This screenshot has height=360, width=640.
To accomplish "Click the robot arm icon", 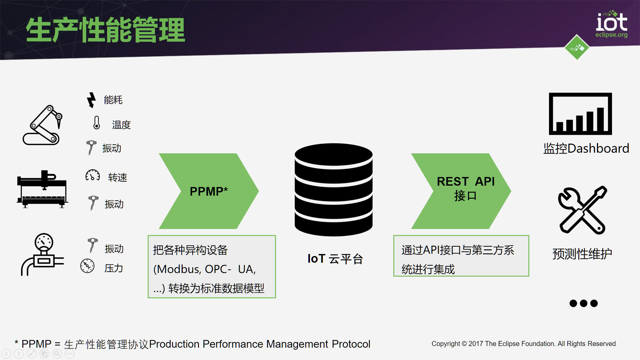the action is click(x=42, y=125).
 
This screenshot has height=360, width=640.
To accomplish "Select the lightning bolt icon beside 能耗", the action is click(x=91, y=100).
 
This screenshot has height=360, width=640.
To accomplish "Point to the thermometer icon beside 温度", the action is click(x=97, y=123).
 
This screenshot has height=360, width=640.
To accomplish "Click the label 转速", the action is click(x=117, y=177).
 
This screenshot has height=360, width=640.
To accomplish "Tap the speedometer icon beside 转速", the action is click(x=93, y=175).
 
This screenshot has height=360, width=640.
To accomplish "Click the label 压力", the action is click(x=114, y=268).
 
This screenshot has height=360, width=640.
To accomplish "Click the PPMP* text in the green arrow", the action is click(x=209, y=191).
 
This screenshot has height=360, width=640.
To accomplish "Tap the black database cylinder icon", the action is click(x=333, y=190).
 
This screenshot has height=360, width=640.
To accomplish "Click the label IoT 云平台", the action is click(x=335, y=259).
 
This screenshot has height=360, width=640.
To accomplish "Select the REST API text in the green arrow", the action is click(x=466, y=182).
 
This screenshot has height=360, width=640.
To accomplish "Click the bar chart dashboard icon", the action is click(x=580, y=114).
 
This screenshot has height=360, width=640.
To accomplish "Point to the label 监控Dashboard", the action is click(x=586, y=148).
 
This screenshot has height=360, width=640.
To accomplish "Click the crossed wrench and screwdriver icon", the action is click(x=582, y=210).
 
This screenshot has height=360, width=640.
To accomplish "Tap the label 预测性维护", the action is click(x=582, y=254).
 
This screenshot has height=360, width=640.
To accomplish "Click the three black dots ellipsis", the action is click(x=583, y=303).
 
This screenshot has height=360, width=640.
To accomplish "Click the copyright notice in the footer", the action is click(x=523, y=344).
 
